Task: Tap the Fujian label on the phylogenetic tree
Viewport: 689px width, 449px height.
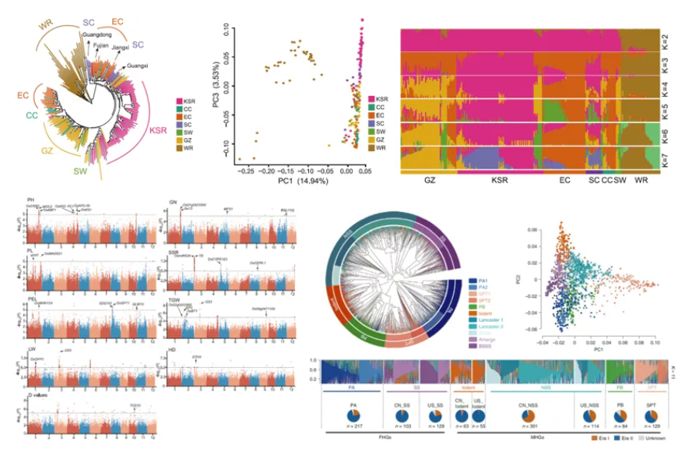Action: click(101, 46)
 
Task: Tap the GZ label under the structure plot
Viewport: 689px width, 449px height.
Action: click(431, 180)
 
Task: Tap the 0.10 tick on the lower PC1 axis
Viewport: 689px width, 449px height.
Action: click(654, 341)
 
